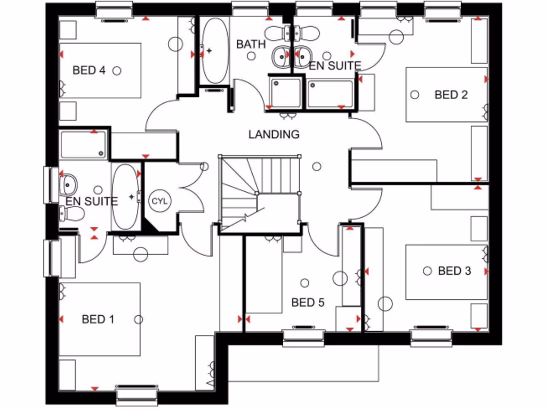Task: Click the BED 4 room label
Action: (x=89, y=70)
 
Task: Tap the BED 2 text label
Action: (x=451, y=95)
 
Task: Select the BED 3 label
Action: (x=454, y=271)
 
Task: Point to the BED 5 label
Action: (x=308, y=302)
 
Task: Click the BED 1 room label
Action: (x=98, y=319)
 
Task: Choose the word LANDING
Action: (x=274, y=134)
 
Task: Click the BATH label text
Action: (x=251, y=44)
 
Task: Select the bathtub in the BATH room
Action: (x=215, y=51)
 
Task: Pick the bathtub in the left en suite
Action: (x=126, y=197)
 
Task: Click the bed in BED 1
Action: (x=100, y=320)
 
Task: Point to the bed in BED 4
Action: (x=100, y=70)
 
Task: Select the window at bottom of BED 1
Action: (x=138, y=396)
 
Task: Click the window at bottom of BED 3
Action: (x=432, y=337)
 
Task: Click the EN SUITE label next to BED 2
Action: (x=335, y=66)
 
